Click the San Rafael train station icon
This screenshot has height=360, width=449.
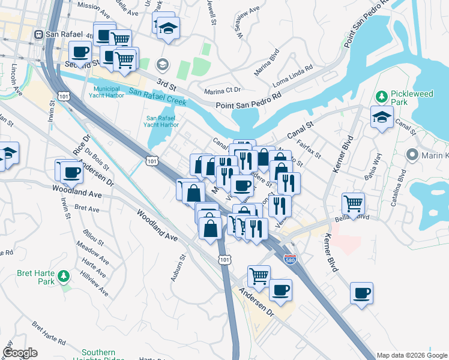click(x=40, y=34)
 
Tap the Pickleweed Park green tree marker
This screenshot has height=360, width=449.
click(x=381, y=97)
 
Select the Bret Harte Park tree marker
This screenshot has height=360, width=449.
click(x=64, y=277)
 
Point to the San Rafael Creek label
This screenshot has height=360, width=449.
click(x=156, y=97)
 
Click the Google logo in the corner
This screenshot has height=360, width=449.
click(x=20, y=353)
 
